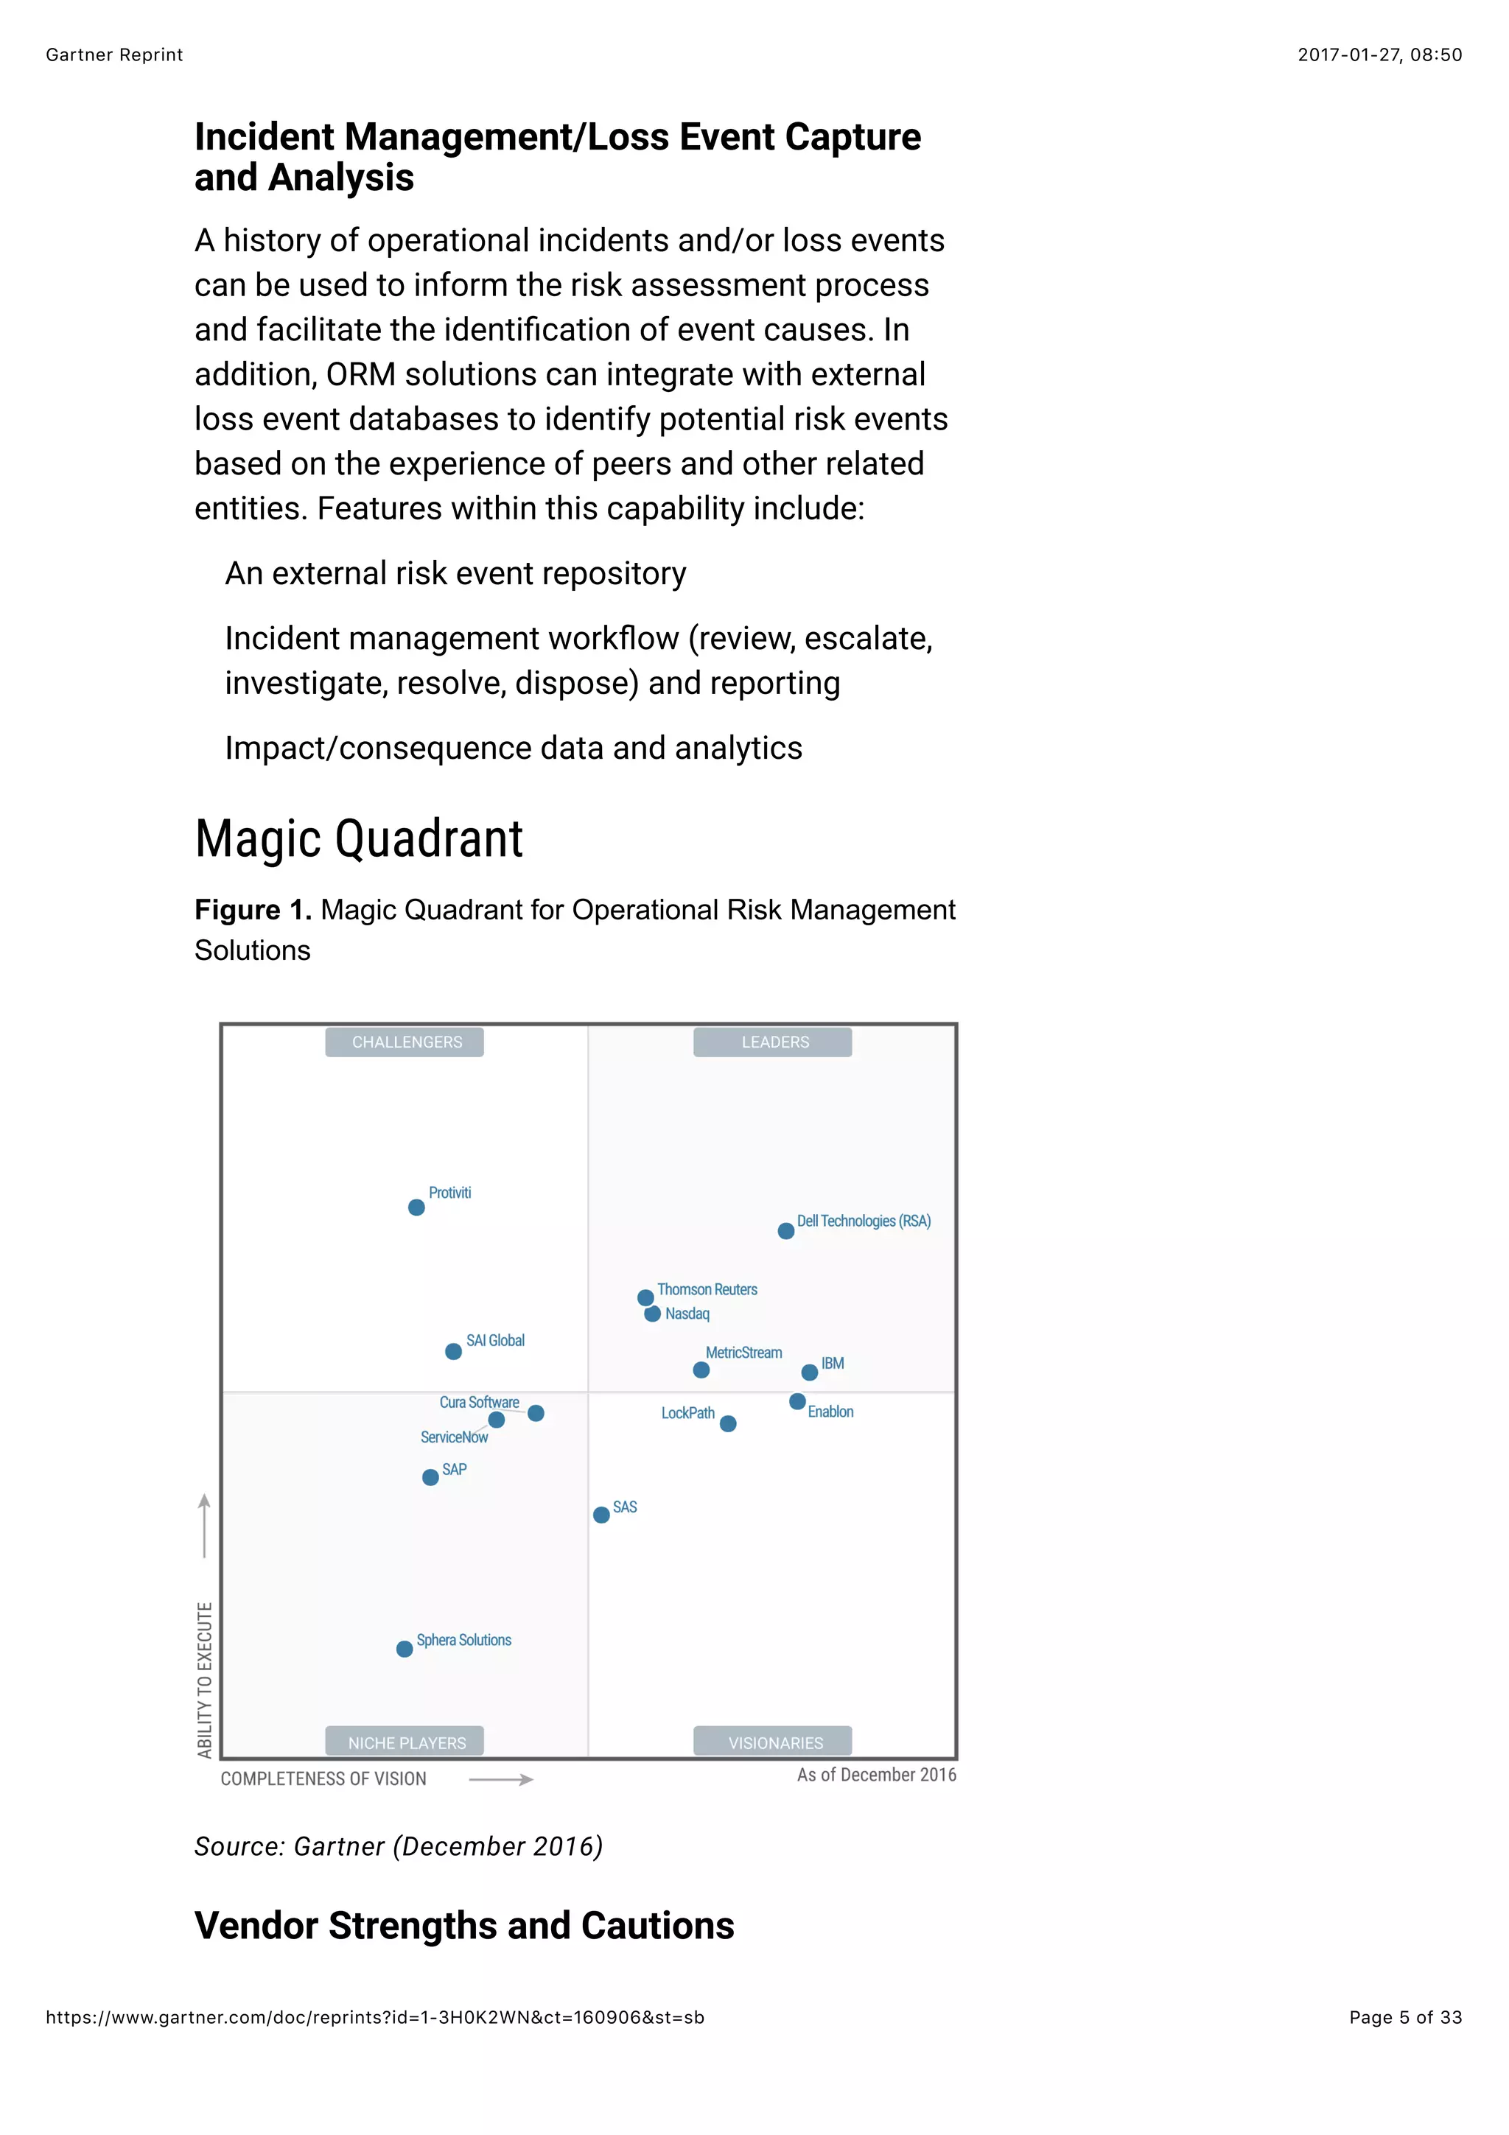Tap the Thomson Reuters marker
point(645,1297)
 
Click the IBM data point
point(810,1372)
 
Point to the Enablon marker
point(798,1401)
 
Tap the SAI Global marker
point(454,1352)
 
